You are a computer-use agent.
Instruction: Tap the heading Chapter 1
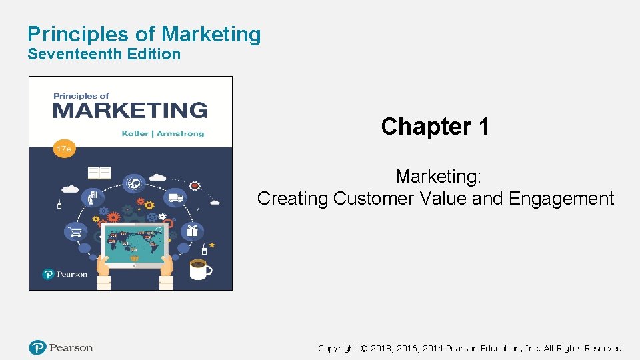tap(435, 126)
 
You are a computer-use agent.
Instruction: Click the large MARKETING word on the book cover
tap(130, 109)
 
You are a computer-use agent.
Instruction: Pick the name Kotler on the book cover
tap(136, 134)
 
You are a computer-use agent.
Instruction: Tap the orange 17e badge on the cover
tap(64, 149)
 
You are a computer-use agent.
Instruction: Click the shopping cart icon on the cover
tap(75, 232)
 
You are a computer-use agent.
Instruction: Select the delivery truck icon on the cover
tap(176, 197)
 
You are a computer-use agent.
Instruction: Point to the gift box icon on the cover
tap(192, 231)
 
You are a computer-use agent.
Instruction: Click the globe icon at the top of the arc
tap(134, 182)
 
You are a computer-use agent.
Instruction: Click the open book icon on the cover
tap(100, 173)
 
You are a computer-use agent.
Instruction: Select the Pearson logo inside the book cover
tap(65, 274)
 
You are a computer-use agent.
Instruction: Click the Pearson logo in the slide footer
tap(61, 347)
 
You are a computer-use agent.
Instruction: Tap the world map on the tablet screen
tap(134, 243)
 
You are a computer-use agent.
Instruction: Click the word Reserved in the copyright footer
tap(602, 348)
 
